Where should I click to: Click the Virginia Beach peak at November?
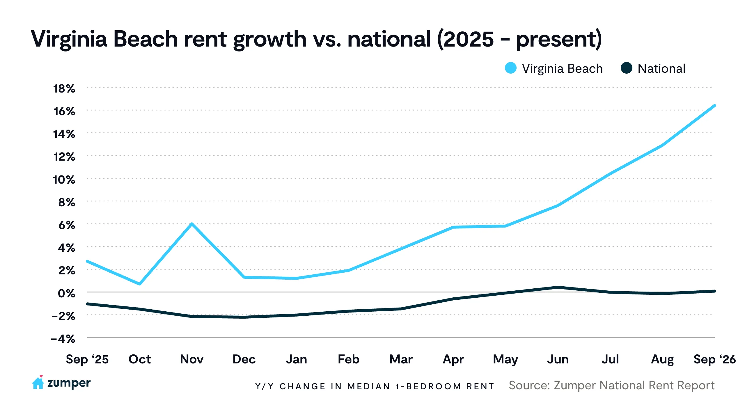click(192, 224)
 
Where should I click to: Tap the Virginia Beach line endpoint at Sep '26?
click(714, 106)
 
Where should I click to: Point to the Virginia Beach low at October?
click(140, 284)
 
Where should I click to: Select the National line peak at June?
click(558, 287)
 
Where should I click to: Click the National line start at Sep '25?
click(88, 304)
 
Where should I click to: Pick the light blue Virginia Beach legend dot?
click(511, 68)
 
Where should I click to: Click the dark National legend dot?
click(626, 68)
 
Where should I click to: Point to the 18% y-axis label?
click(64, 89)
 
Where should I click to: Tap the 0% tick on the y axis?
click(67, 293)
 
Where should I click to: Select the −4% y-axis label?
click(63, 339)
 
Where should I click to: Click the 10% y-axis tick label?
click(64, 180)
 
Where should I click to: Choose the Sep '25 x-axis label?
click(87, 359)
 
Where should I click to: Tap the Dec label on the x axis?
click(244, 359)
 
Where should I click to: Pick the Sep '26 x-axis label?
click(715, 359)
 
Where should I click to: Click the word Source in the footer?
click(529, 386)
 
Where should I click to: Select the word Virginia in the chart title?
click(69, 39)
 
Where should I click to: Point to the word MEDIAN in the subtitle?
click(369, 386)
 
